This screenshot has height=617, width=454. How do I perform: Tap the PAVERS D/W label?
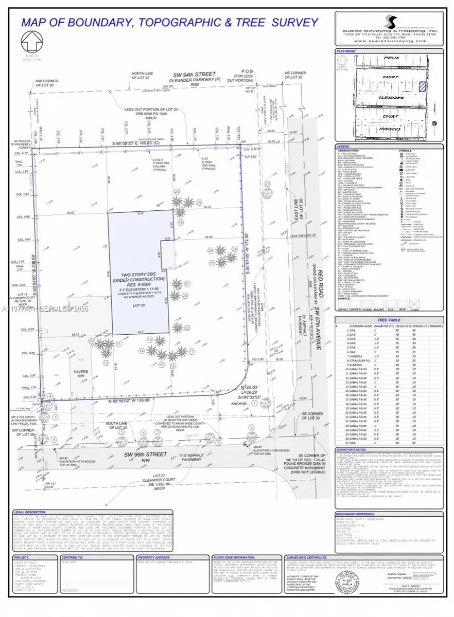(x=81, y=373)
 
